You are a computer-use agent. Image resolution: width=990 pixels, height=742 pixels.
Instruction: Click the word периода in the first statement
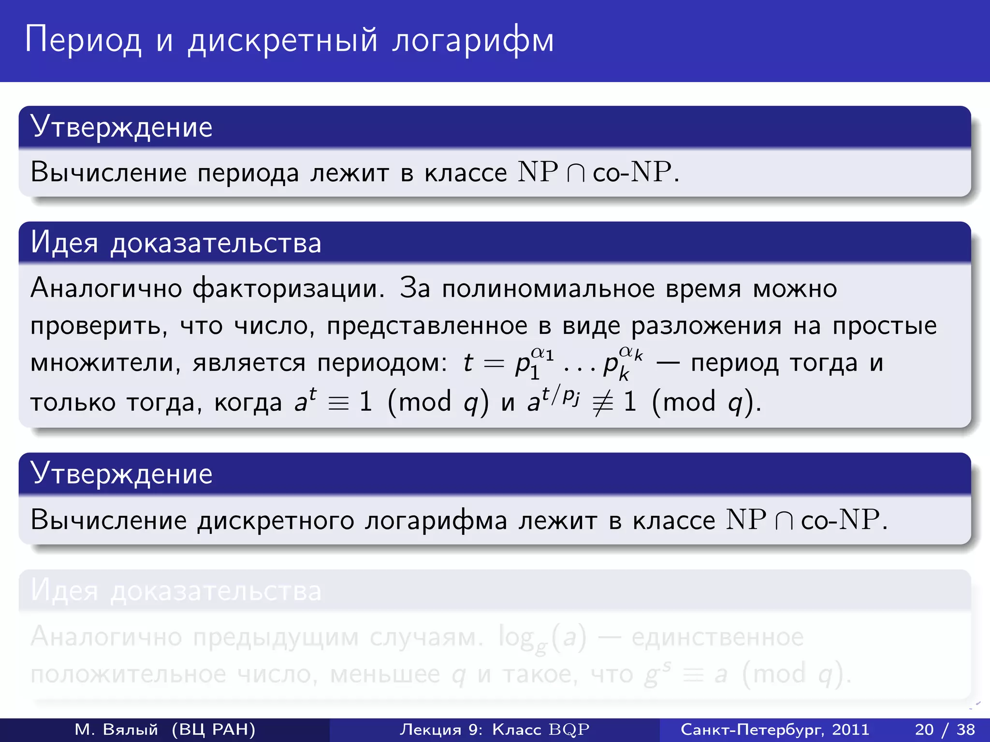coord(248,173)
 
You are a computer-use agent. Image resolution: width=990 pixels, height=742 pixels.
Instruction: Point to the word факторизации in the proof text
coord(289,288)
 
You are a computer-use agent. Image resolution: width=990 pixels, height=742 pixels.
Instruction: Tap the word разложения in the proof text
coord(706,326)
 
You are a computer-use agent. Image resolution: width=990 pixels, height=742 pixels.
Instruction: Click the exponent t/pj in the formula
coord(561,395)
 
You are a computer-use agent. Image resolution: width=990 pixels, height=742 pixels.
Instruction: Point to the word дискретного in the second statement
coord(276,521)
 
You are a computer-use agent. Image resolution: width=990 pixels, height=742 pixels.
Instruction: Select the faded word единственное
coord(717,638)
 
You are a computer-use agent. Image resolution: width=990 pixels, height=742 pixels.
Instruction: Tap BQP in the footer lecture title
coord(569,729)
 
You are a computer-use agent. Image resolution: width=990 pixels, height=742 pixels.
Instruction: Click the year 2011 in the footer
coord(850,729)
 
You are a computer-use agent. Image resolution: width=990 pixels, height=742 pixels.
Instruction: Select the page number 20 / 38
coord(945,729)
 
